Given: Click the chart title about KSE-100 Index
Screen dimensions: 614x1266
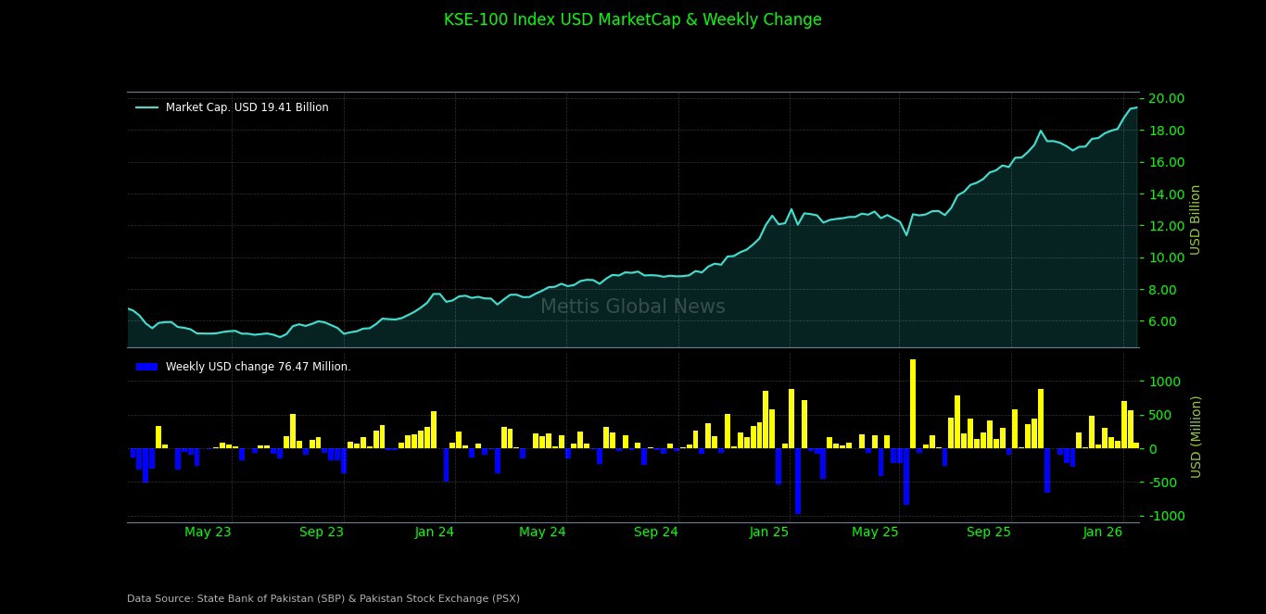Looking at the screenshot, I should (632, 19).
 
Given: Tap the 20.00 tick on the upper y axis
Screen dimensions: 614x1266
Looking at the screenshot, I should (1166, 98).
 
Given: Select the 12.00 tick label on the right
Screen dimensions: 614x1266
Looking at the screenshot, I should (1166, 226).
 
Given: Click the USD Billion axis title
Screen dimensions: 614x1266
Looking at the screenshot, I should (1196, 219).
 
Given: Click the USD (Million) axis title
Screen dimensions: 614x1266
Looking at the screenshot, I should (1196, 436).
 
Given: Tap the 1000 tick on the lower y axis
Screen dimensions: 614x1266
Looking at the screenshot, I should (1166, 382).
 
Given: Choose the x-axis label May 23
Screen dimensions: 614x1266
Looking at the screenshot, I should (208, 532).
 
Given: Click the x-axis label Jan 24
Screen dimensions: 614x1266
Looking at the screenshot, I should (434, 532).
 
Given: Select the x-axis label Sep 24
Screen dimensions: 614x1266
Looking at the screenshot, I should (655, 532).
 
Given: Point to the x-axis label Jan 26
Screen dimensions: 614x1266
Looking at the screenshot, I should (1102, 532).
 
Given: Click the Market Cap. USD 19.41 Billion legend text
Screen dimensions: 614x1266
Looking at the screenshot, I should (247, 107).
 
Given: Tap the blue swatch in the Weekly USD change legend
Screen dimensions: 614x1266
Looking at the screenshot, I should (146, 367).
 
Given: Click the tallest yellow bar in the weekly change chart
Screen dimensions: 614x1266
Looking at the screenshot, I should (913, 404).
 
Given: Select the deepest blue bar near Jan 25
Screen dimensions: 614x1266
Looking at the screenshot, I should (797, 482).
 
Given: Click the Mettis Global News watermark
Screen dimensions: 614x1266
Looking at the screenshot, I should (632, 307).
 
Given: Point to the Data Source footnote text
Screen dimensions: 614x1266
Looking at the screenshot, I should (323, 598).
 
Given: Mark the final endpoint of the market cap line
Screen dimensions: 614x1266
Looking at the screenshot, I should (1137, 107).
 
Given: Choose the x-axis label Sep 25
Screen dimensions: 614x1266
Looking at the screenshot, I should (988, 532).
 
